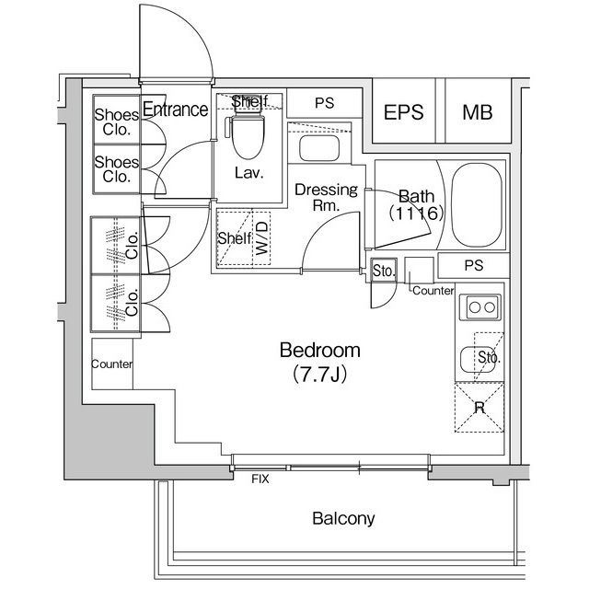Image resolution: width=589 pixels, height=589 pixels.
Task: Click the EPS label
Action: [x=403, y=112]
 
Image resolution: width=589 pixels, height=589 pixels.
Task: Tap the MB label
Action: [x=477, y=112]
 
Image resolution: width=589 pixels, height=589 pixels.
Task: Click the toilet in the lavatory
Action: [x=247, y=132]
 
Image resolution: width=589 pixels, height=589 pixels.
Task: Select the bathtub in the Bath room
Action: [x=477, y=205]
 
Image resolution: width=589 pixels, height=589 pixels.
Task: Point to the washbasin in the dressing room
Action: [x=319, y=148]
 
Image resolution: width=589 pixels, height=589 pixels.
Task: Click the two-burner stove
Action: [x=480, y=307]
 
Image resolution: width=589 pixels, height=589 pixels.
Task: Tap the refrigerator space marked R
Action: [x=479, y=407]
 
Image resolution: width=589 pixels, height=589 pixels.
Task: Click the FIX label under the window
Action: [x=260, y=479]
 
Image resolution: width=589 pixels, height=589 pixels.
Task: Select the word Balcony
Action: [x=343, y=519]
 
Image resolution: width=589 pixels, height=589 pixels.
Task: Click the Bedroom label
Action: [x=320, y=350]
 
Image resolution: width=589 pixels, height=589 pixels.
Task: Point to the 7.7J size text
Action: [x=319, y=374]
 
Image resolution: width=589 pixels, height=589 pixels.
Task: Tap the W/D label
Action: [x=262, y=238]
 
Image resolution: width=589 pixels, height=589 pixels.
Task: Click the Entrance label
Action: [x=176, y=110]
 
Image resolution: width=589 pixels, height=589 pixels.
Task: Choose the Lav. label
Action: [x=249, y=173]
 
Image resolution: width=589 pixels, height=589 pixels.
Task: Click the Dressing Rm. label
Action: [x=326, y=197]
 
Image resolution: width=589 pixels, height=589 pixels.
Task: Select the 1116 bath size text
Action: [x=416, y=214]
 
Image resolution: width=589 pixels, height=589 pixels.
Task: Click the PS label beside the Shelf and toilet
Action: [x=325, y=103]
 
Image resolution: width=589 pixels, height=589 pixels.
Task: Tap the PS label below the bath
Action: [x=474, y=266]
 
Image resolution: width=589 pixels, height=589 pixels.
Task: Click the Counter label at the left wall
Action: [x=112, y=364]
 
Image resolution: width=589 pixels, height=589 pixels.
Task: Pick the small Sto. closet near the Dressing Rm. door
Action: [x=384, y=271]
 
